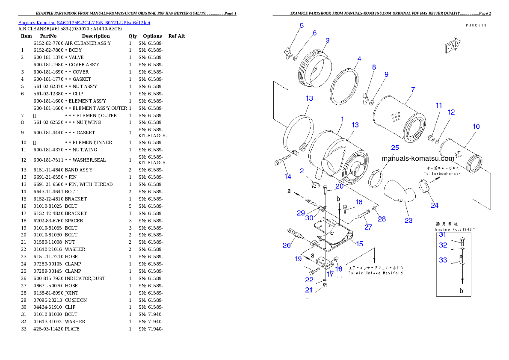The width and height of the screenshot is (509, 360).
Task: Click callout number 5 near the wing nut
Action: [302, 26]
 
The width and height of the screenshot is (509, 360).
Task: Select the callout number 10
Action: [476, 127]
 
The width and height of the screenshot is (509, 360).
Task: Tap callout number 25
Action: [395, 148]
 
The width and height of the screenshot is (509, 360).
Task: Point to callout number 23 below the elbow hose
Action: [408, 220]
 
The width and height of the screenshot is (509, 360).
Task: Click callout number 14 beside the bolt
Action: [288, 176]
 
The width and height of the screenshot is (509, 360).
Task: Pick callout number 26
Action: [287, 245]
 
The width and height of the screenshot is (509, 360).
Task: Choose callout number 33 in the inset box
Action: [443, 260]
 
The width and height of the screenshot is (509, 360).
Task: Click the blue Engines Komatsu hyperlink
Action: [84, 22]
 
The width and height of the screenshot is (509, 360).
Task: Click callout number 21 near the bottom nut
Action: [309, 290]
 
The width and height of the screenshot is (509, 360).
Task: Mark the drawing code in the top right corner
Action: [476, 25]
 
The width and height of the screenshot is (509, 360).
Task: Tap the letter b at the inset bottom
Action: [462, 291]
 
